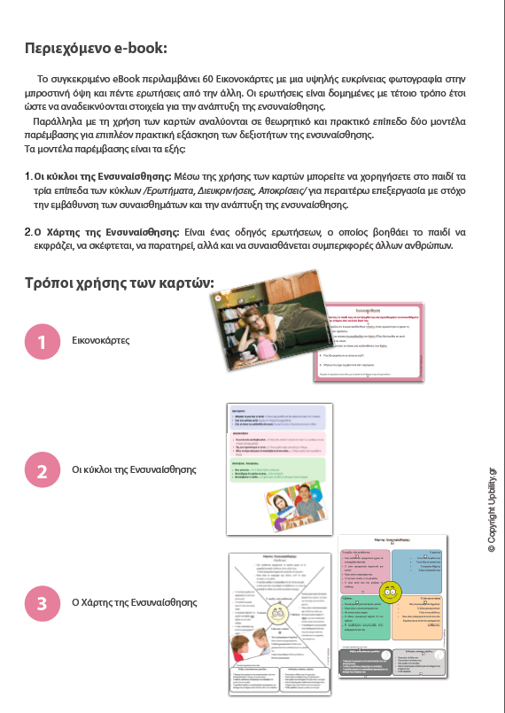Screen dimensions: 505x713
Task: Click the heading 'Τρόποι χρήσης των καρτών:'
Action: (x=120, y=283)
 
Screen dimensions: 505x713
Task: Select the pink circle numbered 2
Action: (x=42, y=470)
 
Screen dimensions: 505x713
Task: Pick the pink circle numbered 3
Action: (x=42, y=604)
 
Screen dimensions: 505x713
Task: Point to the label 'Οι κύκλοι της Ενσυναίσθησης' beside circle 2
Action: (x=134, y=470)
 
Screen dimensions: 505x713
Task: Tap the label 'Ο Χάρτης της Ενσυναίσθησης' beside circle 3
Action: (x=135, y=603)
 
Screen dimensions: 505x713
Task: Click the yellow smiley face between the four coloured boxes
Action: (x=391, y=590)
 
